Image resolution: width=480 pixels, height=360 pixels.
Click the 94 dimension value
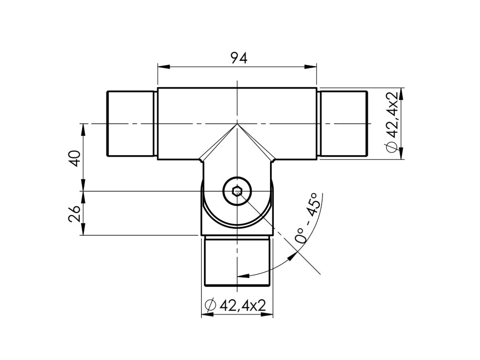239,58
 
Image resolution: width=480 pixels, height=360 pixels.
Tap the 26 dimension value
75,213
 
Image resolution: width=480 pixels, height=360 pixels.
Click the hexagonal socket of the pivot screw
237,192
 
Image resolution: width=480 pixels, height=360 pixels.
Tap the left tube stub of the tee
130,123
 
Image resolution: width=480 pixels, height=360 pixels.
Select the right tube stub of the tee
343,123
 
